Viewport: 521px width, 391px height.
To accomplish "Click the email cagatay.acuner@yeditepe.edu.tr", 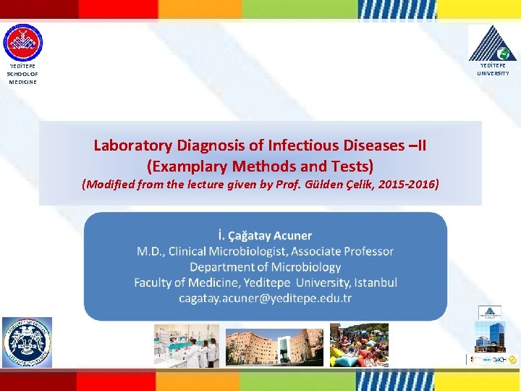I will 265,298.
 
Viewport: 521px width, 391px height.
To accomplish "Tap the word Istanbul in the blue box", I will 374,282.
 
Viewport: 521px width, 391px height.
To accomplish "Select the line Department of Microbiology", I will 265,266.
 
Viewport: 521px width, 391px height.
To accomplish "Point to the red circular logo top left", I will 22,43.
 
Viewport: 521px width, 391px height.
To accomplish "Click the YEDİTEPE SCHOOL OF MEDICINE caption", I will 22,75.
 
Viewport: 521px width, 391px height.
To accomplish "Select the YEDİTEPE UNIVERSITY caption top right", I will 494,70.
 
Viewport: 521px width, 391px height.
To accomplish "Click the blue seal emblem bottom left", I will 27,342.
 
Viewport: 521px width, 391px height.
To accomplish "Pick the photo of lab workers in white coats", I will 186,345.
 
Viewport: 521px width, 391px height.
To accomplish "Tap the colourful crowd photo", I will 359,345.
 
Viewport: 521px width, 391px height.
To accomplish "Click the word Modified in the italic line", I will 110,184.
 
